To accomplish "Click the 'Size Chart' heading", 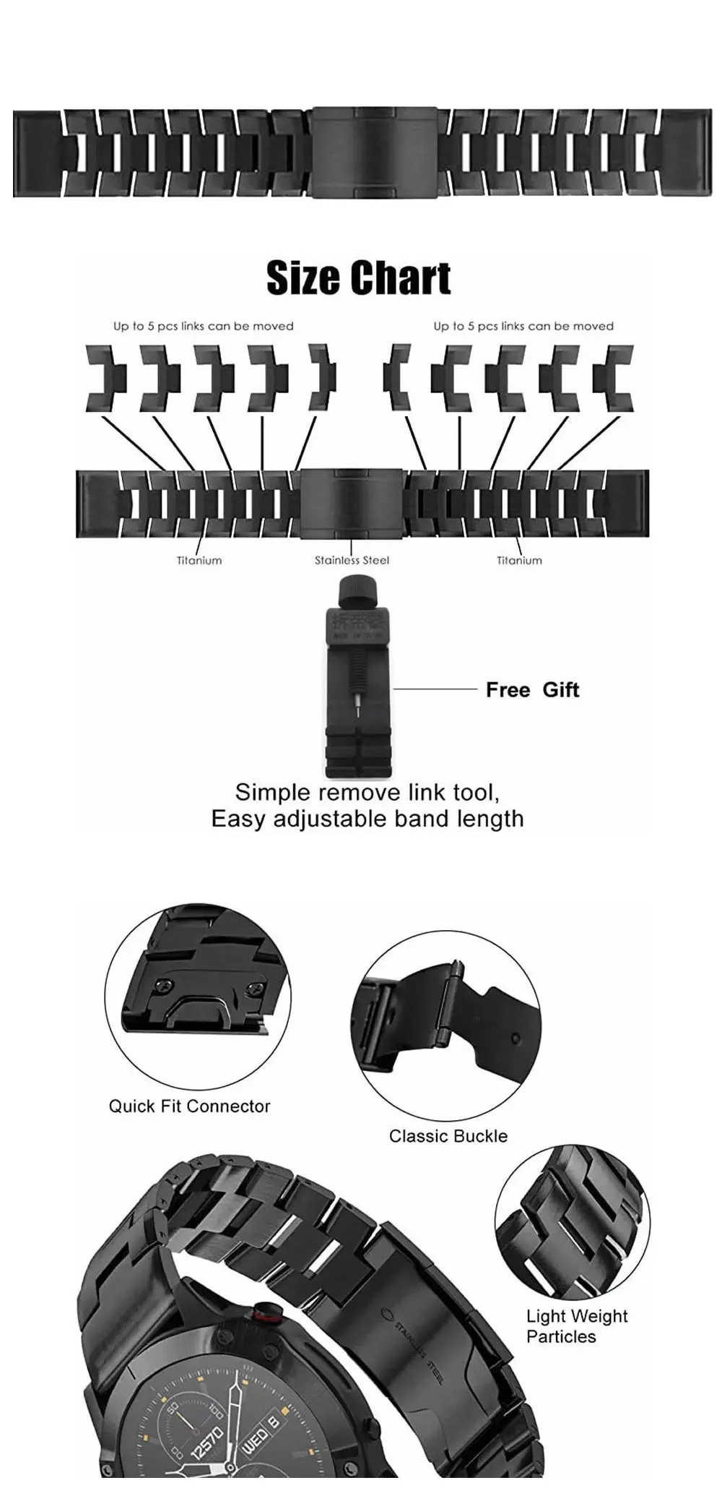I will [x=358, y=278].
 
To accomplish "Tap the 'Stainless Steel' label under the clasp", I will [x=352, y=560].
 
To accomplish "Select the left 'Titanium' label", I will [x=199, y=560].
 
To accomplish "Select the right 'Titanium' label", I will [x=519, y=560].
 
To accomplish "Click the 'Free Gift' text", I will [x=532, y=690].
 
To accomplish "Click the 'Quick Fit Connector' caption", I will [x=189, y=1106].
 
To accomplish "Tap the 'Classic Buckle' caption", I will [x=448, y=1136].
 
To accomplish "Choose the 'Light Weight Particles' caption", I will [x=576, y=1326].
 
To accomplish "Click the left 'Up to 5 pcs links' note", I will [x=203, y=326].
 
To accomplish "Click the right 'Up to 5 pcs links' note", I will [x=523, y=326].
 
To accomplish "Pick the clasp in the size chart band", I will [x=352, y=503].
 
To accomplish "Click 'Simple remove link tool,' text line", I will [x=367, y=792].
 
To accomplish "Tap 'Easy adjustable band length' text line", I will [x=367, y=819].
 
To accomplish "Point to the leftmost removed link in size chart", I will [x=106, y=378].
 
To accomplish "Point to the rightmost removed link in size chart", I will [x=613, y=378].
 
